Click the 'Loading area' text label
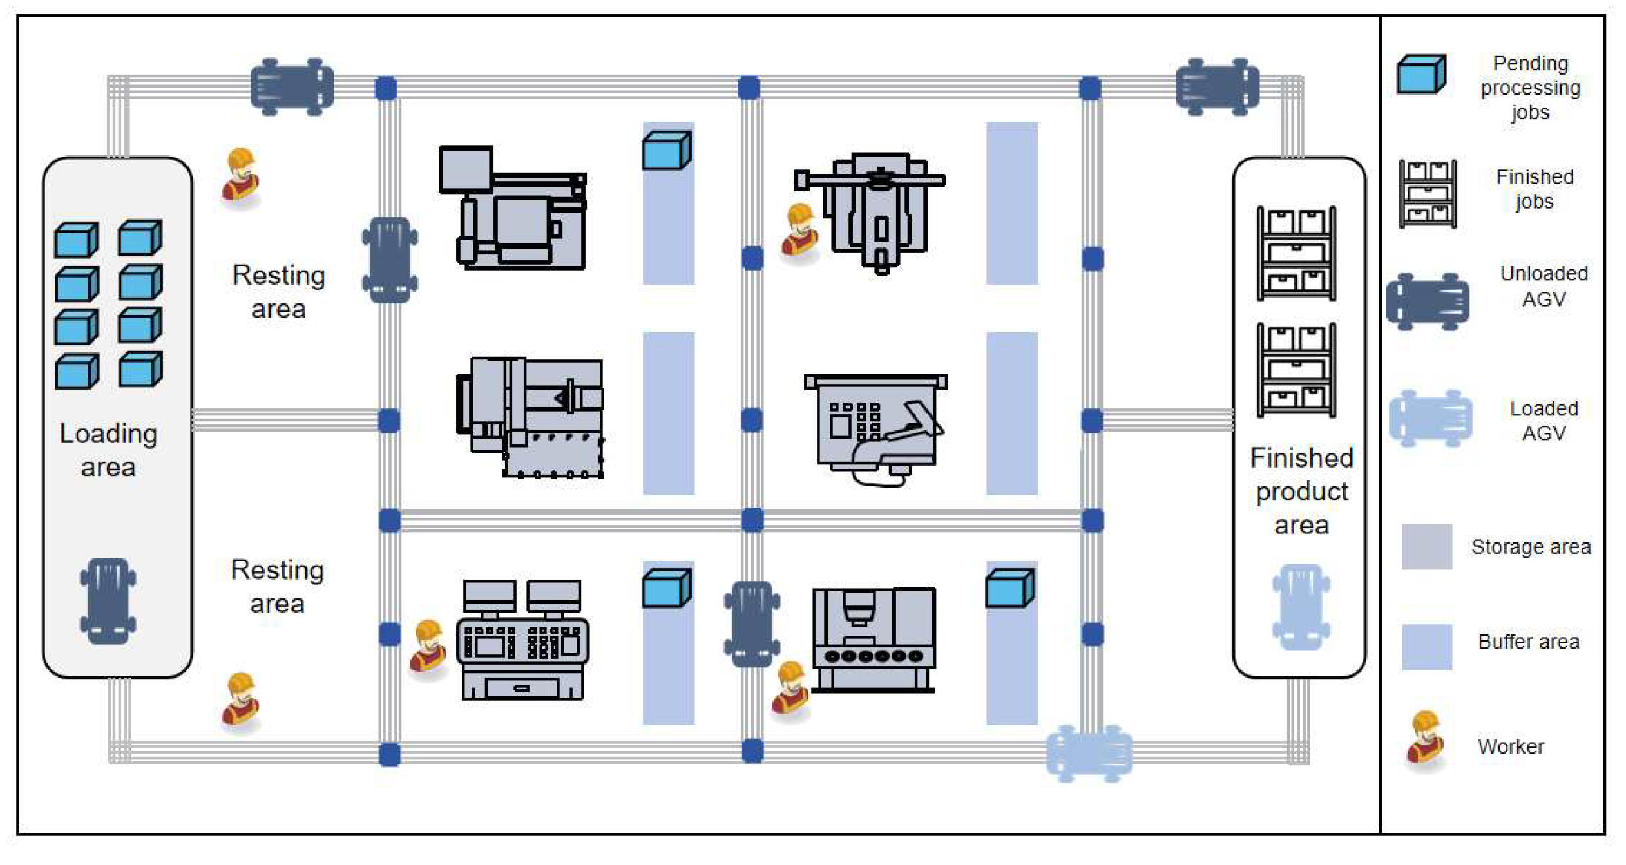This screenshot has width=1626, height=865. pyautogui.click(x=108, y=450)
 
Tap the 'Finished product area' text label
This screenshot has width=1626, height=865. pyautogui.click(x=1301, y=491)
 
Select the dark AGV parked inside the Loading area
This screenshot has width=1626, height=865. pyautogui.click(x=108, y=600)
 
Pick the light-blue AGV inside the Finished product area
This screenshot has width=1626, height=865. pyautogui.click(x=1301, y=606)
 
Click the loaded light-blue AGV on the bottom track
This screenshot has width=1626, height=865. pyautogui.click(x=1089, y=752)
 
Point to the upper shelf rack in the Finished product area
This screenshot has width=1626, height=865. pyautogui.click(x=1296, y=254)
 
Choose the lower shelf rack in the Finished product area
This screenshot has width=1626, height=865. pyautogui.click(x=1296, y=370)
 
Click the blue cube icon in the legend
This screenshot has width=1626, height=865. pyautogui.click(x=1420, y=75)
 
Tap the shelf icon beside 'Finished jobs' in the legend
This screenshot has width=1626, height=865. pyautogui.click(x=1428, y=193)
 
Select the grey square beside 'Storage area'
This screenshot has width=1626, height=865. pyautogui.click(x=1426, y=547)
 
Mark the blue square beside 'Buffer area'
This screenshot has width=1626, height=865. pyautogui.click(x=1426, y=647)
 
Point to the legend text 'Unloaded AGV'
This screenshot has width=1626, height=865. pyautogui.click(x=1544, y=286)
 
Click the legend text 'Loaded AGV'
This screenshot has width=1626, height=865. pyautogui.click(x=1544, y=421)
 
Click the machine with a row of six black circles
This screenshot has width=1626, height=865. pyautogui.click(x=874, y=640)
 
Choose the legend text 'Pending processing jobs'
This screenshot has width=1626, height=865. pyautogui.click(x=1530, y=88)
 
